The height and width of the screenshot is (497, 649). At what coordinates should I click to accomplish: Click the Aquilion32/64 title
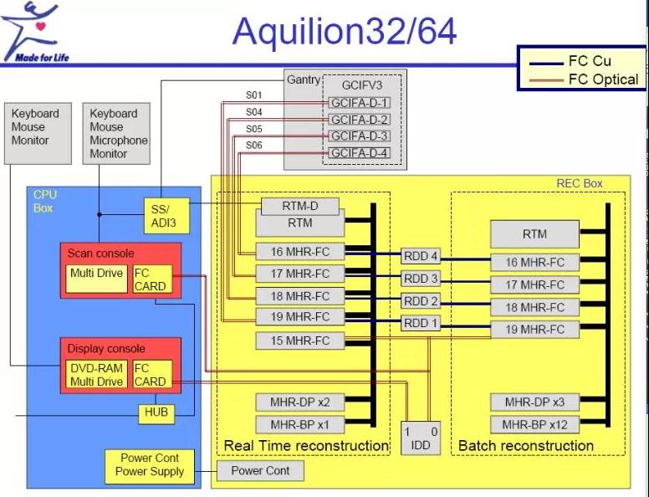point(345,31)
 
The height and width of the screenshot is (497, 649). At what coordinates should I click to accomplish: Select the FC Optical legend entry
point(603,79)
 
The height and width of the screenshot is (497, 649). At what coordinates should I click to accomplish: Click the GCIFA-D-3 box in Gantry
point(360,136)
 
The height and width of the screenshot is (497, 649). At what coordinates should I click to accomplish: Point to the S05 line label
point(253,129)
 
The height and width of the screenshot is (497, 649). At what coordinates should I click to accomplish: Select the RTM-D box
point(300,206)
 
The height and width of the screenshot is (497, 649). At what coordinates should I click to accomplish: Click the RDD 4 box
point(421,256)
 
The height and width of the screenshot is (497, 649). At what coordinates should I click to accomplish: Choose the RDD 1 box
point(421,323)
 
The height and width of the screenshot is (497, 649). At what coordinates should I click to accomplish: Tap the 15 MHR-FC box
point(299,341)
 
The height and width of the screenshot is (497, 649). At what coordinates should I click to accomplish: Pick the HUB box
point(156,412)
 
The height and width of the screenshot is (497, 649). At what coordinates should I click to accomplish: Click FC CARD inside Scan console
point(151,279)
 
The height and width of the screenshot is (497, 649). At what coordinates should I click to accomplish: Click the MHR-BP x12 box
point(534,424)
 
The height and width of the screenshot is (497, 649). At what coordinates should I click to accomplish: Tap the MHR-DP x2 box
point(299,402)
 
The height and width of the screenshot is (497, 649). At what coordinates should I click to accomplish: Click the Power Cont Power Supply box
point(148,464)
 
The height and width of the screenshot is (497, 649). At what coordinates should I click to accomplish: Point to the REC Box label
point(579,183)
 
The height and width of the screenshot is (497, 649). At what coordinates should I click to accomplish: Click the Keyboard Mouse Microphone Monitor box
point(119,134)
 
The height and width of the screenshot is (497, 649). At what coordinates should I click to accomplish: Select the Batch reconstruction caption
point(525,445)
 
